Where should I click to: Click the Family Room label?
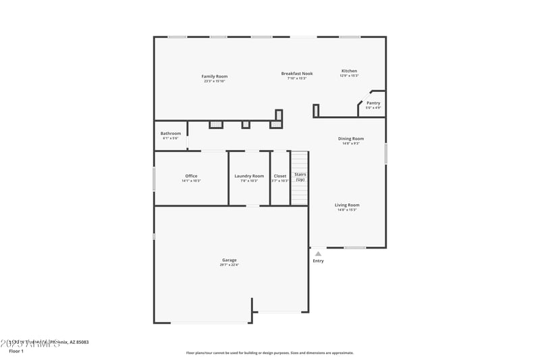click(215, 76)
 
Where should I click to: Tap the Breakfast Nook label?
click(297, 73)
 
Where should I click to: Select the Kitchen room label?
click(349, 71)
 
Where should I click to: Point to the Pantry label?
click(373, 103)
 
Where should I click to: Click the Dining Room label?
click(351, 138)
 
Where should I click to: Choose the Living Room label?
click(348, 205)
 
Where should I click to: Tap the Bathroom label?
click(171, 133)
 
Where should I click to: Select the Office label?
click(191, 176)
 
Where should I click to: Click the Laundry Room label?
click(249, 176)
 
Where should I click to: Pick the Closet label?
click(280, 176)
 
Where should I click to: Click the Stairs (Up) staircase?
click(300, 178)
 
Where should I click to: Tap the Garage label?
click(230, 260)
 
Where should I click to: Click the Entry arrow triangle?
click(318, 253)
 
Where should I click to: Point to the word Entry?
click(318, 261)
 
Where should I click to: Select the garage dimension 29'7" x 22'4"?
click(230, 265)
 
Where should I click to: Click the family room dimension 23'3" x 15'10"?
click(215, 81)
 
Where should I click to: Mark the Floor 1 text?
click(16, 351)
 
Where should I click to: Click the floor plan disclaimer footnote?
click(270, 353)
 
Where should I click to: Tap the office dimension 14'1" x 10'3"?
click(191, 180)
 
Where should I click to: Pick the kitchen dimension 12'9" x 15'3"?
click(349, 76)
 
